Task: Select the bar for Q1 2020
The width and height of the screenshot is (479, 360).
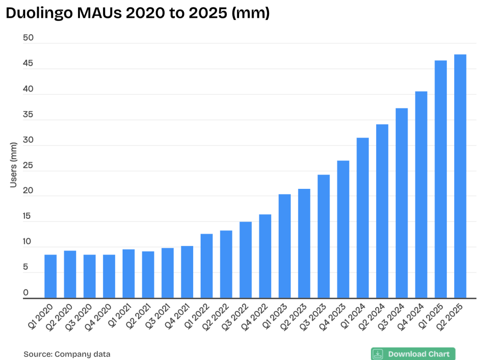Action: (51, 276)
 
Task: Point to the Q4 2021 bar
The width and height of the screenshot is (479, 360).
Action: (187, 272)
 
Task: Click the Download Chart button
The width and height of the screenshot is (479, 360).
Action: (413, 354)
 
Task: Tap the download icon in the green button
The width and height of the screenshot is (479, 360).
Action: (378, 354)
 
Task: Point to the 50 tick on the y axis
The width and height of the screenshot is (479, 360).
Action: (29, 38)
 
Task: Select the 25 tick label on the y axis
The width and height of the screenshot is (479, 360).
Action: (29, 166)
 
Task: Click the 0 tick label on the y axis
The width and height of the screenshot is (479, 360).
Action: (26, 293)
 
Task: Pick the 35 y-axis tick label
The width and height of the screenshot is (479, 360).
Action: (29, 115)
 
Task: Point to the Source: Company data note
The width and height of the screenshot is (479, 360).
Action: (67, 354)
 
